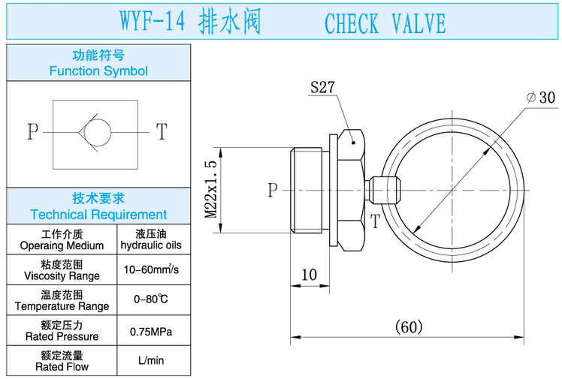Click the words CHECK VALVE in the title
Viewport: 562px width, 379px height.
tap(385, 23)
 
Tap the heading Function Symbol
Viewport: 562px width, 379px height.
tap(98, 71)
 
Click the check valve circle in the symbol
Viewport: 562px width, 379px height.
tap(95, 131)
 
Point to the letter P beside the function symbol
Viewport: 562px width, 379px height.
tap(32, 131)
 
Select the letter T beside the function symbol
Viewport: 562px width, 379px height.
tap(161, 131)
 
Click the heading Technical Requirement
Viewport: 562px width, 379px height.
tap(98, 214)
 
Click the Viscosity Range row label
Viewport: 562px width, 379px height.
tap(62, 275)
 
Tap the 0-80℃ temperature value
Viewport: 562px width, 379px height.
tap(151, 299)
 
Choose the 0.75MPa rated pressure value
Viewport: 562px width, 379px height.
tap(151, 331)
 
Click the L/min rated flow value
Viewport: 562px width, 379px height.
tap(151, 361)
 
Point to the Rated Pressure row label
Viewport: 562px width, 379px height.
tap(62, 337)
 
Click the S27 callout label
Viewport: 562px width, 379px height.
tap(323, 87)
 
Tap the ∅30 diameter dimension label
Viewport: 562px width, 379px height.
tap(540, 98)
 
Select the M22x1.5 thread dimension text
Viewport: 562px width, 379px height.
tap(211, 188)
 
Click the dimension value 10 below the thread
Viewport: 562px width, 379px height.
tap(310, 275)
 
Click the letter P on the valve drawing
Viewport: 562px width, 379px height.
tap(273, 190)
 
